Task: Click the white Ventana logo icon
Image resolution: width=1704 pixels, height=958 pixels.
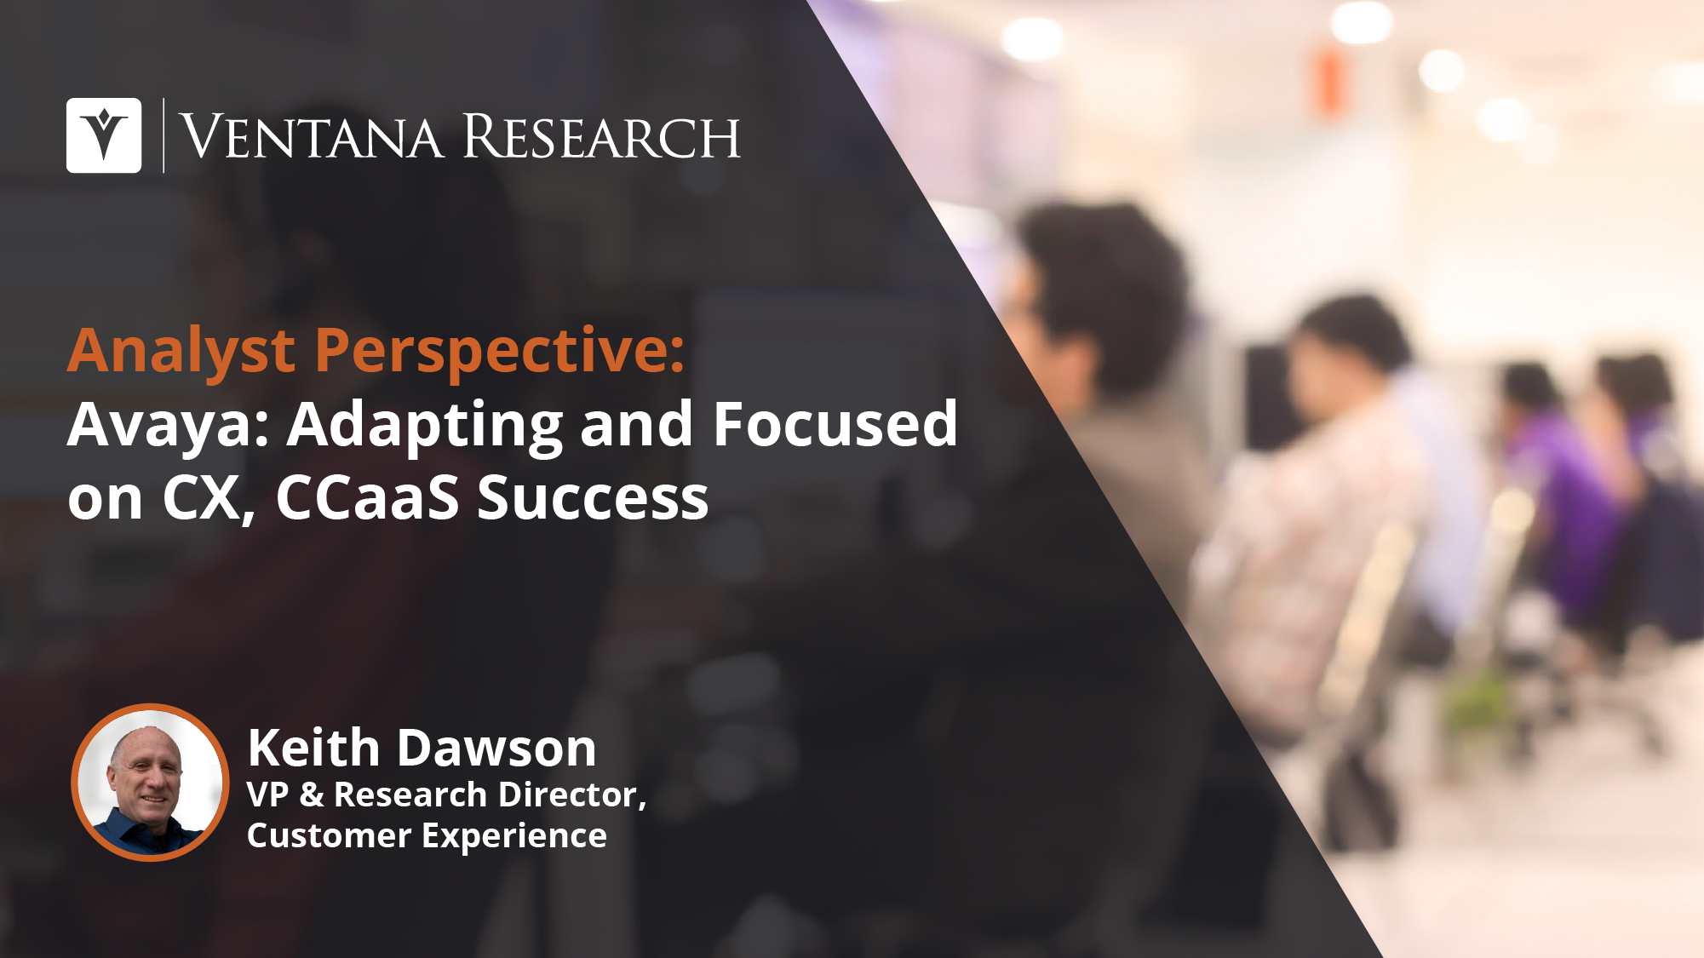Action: click(104, 135)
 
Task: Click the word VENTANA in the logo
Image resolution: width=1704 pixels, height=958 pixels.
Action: click(312, 136)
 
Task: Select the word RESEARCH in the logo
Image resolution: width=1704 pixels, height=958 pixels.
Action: click(601, 136)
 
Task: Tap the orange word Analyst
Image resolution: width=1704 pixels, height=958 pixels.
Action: click(181, 352)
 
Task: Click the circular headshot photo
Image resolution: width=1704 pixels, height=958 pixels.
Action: click(150, 782)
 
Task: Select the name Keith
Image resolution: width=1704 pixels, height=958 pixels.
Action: click(313, 748)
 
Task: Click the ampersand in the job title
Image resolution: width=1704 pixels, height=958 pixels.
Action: click(312, 795)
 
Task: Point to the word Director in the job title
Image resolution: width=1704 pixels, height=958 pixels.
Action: click(569, 795)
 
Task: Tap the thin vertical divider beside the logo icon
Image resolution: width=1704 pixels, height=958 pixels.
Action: click(164, 135)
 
